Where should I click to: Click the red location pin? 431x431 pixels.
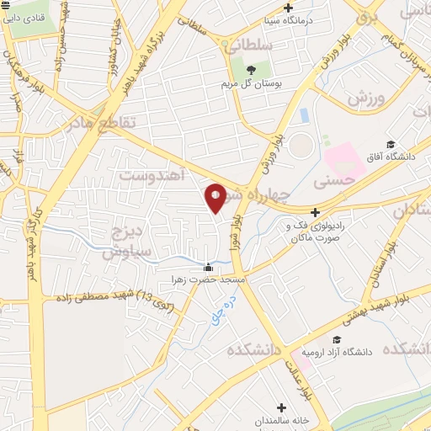pyautogui.click(x=215, y=197)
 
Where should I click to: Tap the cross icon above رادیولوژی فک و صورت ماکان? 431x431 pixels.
pyautogui.click(x=315, y=213)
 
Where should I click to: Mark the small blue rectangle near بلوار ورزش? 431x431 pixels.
pyautogui.click(x=304, y=115)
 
